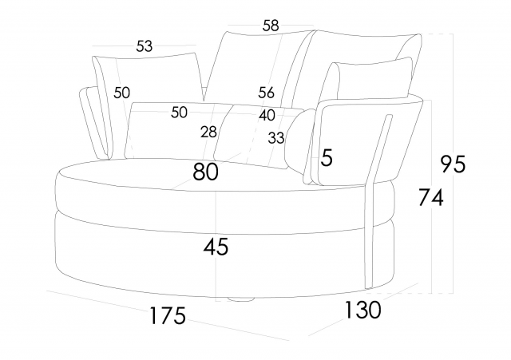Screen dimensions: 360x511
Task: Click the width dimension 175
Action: pos(168,315)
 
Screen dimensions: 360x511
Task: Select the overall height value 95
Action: pos(453,164)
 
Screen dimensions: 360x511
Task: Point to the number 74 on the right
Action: pos(430,197)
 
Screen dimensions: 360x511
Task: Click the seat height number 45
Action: pos(216,247)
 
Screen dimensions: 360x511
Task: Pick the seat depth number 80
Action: pos(206,172)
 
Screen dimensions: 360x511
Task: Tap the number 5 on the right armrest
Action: pos(326,158)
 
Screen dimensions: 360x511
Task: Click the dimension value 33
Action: pos(276,138)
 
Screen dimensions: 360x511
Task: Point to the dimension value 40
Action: pos(267,116)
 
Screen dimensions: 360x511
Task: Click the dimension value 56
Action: pos(267,93)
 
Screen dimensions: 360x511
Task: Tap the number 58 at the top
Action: pos(271,26)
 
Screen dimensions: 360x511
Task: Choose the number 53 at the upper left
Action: pos(145,46)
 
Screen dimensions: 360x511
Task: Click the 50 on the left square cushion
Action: pos(121,93)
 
